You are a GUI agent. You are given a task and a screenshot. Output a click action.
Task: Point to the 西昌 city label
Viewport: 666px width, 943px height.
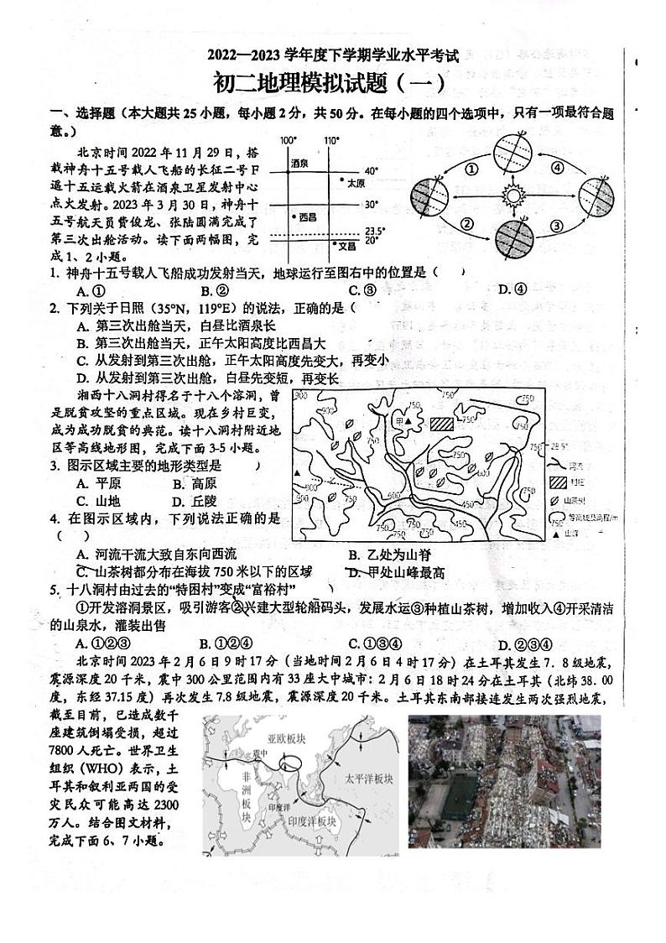click(308, 216)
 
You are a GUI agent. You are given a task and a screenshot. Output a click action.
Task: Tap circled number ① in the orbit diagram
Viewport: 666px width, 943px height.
click(471, 168)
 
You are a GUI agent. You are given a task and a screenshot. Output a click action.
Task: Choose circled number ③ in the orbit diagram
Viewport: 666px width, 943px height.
click(555, 225)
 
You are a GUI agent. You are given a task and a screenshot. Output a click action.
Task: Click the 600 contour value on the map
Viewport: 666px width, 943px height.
click(393, 496)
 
